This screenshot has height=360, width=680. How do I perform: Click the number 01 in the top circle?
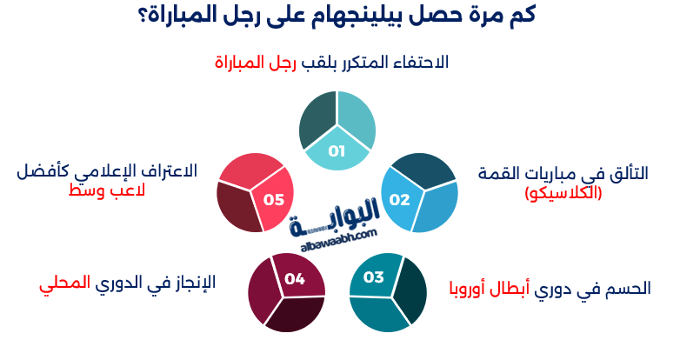click(337, 151)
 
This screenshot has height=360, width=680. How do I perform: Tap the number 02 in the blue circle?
click(399, 199)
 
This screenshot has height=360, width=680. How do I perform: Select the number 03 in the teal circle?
click(373, 278)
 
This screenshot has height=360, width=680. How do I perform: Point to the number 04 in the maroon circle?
click(294, 279)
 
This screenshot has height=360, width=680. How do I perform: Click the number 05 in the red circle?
click(274, 199)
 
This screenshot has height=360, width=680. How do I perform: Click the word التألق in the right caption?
click(627, 173)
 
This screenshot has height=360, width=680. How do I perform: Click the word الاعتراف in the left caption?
click(170, 170)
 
